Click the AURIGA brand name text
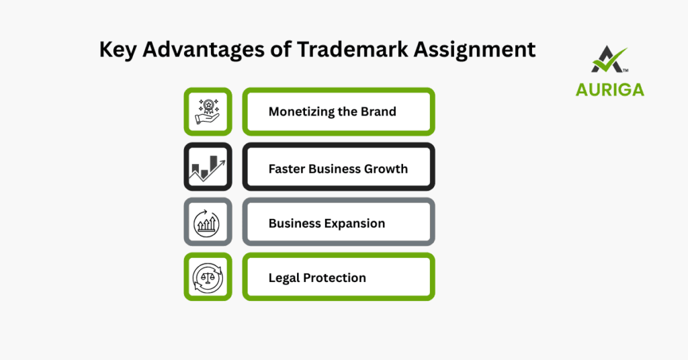click(609, 89)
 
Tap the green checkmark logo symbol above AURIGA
click(609, 60)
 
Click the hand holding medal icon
click(208, 111)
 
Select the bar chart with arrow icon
click(208, 167)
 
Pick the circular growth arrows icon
click(208, 222)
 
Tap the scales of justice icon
click(208, 277)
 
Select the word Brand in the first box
click(379, 111)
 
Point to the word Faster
click(287, 169)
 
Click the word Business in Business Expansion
click(294, 224)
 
